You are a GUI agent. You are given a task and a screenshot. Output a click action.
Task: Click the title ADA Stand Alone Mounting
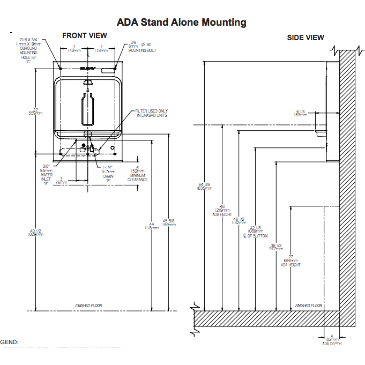[x=182, y=22]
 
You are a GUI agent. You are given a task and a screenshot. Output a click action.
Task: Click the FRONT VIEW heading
[x=85, y=35]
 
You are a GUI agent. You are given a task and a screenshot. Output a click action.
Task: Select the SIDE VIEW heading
[x=306, y=38]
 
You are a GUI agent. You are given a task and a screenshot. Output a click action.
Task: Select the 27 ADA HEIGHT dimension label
[x=290, y=260]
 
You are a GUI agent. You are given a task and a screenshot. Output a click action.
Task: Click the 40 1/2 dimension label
[x=35, y=232]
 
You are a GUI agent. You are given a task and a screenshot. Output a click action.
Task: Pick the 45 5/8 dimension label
[x=169, y=223]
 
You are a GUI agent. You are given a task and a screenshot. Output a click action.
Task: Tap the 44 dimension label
[x=152, y=226]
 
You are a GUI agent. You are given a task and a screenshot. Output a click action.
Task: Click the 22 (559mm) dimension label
[x=36, y=111]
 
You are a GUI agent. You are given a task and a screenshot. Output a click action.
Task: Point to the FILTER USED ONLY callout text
[x=152, y=113]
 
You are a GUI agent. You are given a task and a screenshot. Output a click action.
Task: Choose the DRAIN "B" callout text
[x=108, y=174]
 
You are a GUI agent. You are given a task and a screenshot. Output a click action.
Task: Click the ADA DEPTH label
[x=332, y=341]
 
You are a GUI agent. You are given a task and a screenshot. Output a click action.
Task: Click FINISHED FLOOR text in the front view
[x=88, y=306]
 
